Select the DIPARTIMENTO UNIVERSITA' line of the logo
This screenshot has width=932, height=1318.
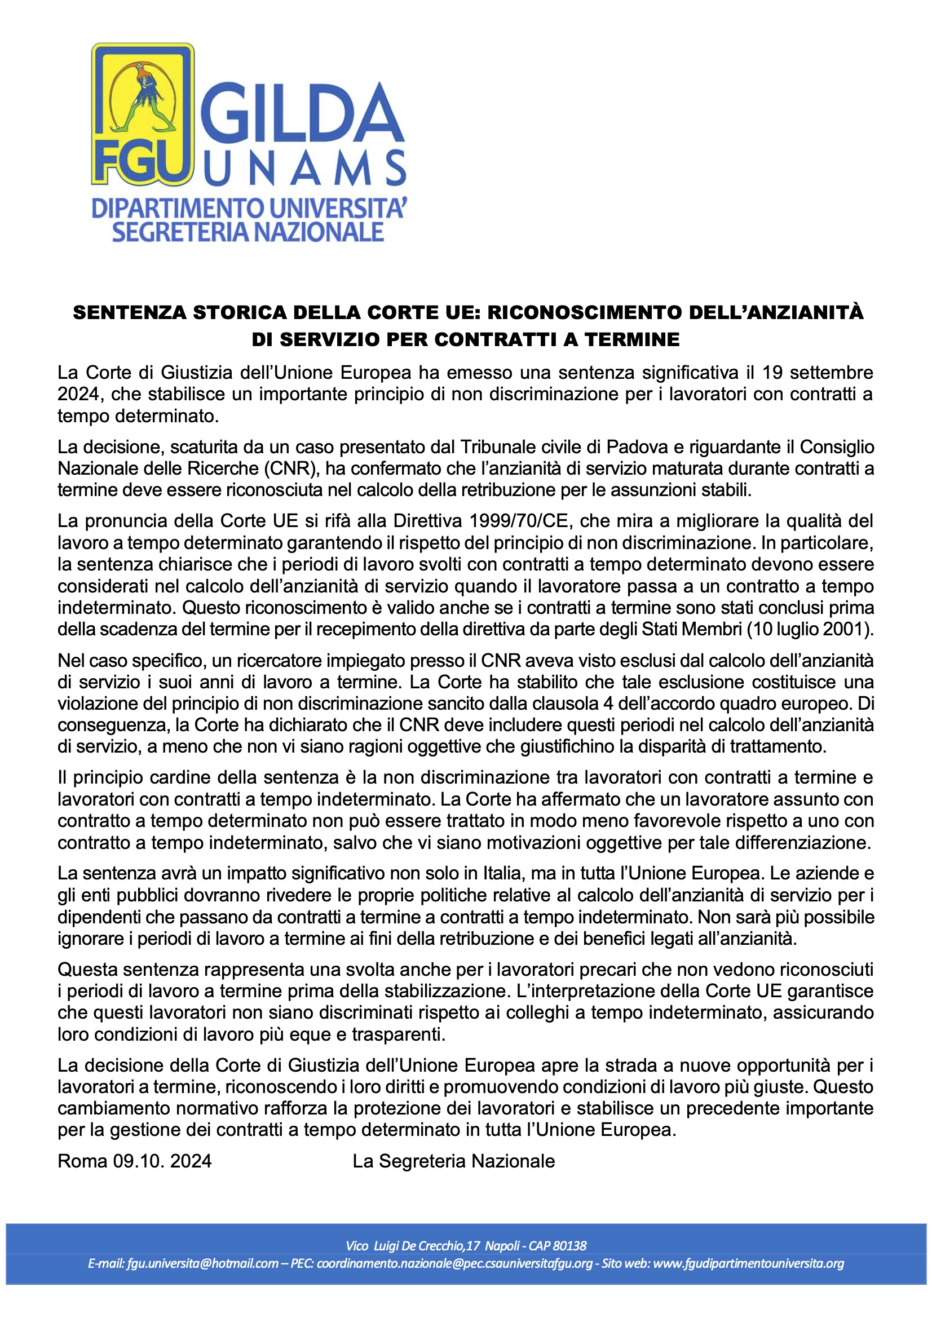click(x=249, y=210)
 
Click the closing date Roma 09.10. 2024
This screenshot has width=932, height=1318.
click(x=134, y=1161)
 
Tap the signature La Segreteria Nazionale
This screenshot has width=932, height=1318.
click(x=454, y=1161)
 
